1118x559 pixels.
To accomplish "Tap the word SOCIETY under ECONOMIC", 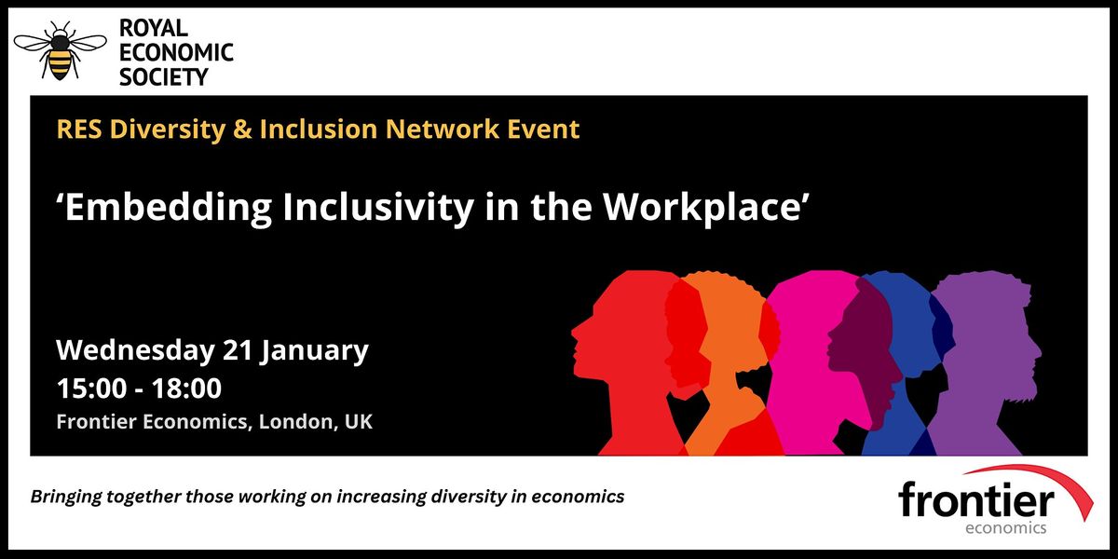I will [x=164, y=76].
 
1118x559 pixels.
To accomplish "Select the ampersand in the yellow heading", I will [x=241, y=130].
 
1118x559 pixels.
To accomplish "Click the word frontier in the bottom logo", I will [x=975, y=502].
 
